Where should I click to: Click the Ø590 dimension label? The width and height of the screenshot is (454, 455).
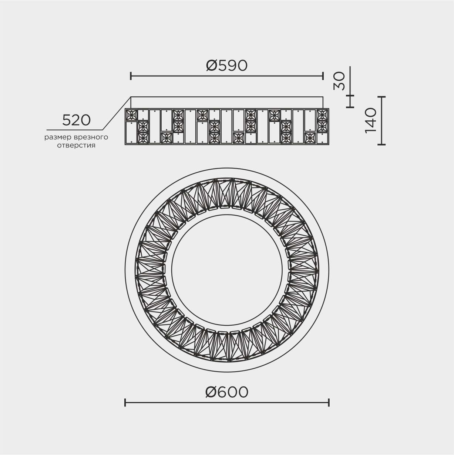(x=226, y=66)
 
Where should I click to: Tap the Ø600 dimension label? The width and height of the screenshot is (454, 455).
(x=226, y=392)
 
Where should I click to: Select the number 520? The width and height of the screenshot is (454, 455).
(x=76, y=120)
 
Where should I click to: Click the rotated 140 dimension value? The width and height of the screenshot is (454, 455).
(x=370, y=120)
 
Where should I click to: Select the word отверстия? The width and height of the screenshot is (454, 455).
(x=76, y=145)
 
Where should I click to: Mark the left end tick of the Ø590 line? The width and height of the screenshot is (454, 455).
(x=131, y=76)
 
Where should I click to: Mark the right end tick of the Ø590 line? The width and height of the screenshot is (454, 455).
(x=323, y=76)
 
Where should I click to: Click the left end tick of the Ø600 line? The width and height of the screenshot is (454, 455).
(x=125, y=403)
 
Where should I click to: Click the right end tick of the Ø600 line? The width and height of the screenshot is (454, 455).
(x=329, y=403)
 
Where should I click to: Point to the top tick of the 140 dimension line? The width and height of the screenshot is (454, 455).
(x=382, y=97)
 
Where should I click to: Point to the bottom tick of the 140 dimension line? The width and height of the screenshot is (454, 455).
(x=382, y=145)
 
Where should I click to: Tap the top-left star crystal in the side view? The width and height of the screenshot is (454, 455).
(x=131, y=114)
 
